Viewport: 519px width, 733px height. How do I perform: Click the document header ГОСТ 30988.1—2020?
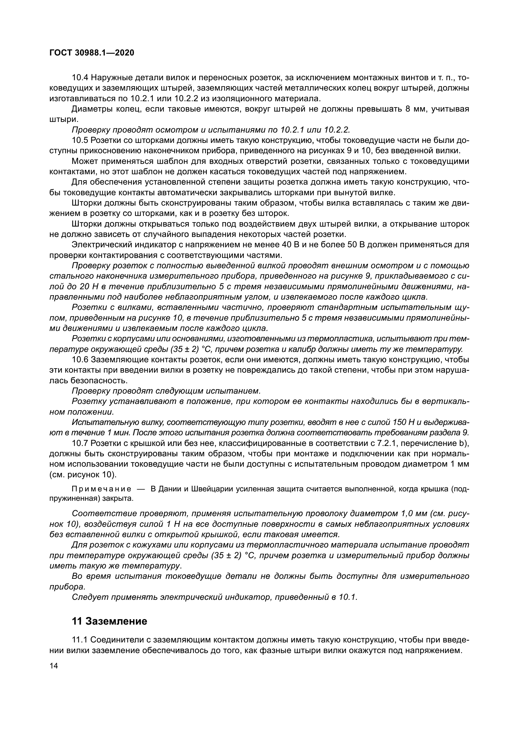tap(92, 53)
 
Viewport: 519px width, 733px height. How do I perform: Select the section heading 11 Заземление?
tap(110, 621)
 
